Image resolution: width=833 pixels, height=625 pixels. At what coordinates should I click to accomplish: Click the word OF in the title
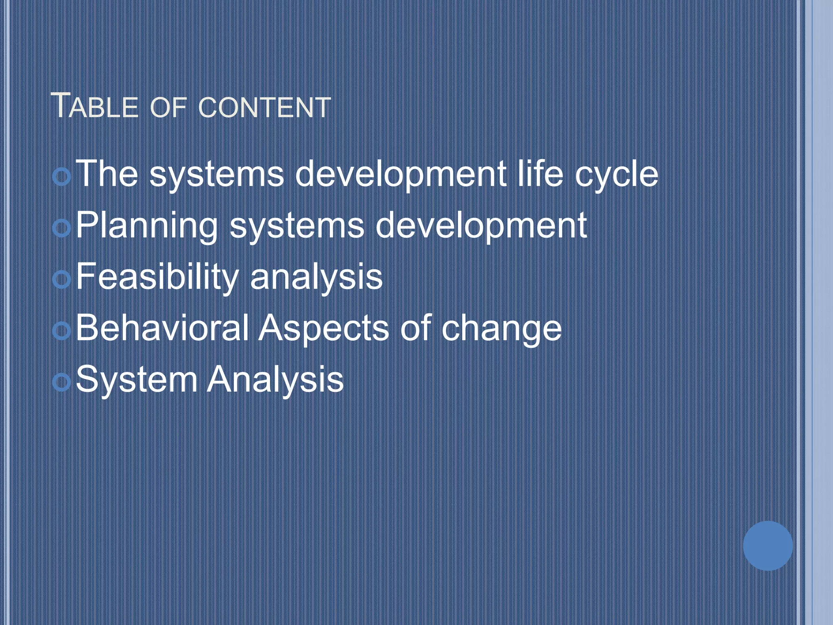click(168, 108)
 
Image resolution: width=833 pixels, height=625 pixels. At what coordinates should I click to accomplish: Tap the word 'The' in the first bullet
click(107, 174)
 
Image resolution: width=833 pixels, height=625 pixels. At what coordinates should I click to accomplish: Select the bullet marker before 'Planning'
click(62, 228)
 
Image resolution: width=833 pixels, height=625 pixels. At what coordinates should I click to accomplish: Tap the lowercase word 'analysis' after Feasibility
click(316, 278)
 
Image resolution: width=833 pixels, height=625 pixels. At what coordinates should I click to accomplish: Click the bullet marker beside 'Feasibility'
click(62, 280)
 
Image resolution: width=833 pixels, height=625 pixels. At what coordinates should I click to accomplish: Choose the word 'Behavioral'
click(162, 328)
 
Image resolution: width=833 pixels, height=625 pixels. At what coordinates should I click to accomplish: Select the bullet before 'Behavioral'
click(62, 331)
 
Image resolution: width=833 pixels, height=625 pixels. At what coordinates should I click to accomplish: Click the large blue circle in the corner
click(768, 546)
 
